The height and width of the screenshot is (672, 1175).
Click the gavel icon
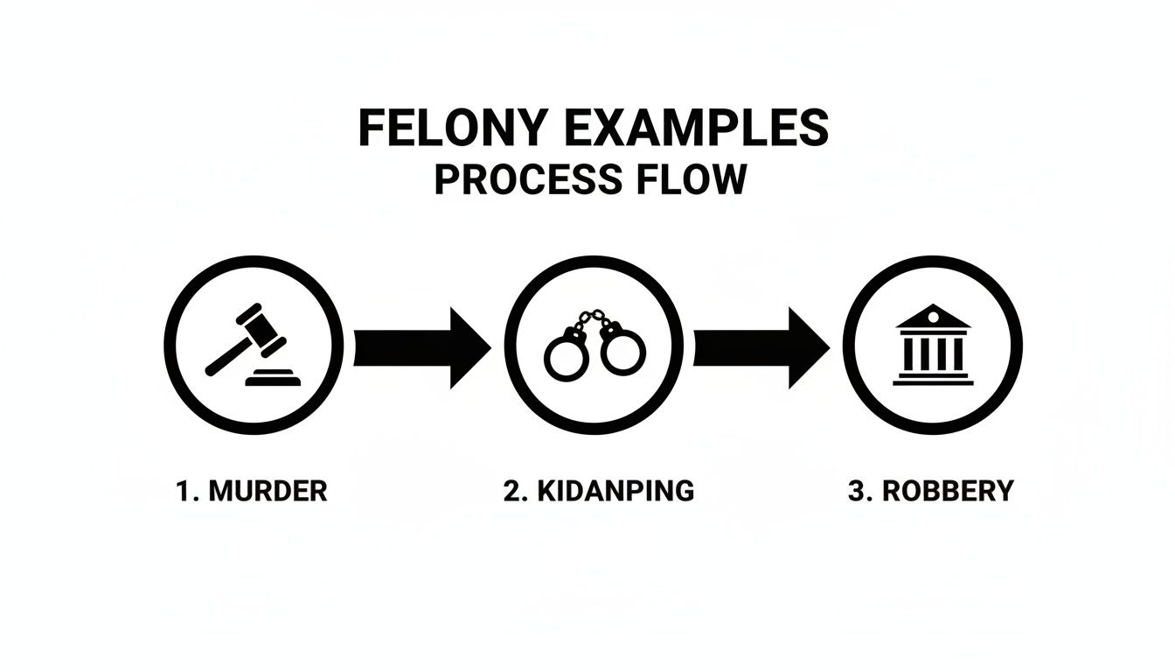[x=249, y=345]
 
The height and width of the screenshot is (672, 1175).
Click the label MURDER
[x=268, y=491]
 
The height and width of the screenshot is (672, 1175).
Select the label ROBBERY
[x=948, y=491]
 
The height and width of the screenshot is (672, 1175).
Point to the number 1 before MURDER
[x=183, y=491]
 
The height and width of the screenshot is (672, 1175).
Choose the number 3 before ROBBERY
[x=856, y=491]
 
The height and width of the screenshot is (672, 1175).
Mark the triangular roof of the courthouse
[x=933, y=317]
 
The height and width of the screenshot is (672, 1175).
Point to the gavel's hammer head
[x=262, y=325]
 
